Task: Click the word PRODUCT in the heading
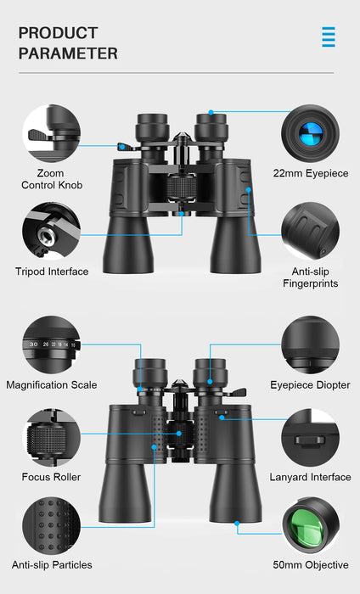point(58,33)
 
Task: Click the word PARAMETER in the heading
point(68,53)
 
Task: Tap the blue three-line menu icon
point(328,36)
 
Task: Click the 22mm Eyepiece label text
point(311,173)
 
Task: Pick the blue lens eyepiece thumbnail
point(310,133)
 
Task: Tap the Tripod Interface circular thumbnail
point(51,230)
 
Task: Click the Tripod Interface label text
point(52,272)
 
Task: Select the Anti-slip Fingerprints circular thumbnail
point(310,230)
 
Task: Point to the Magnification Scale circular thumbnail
point(51,345)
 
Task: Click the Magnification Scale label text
point(52,385)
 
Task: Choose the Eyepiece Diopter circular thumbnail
point(310,345)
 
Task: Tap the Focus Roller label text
point(52,477)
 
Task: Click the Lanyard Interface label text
point(310,477)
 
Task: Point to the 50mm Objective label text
point(310,565)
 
